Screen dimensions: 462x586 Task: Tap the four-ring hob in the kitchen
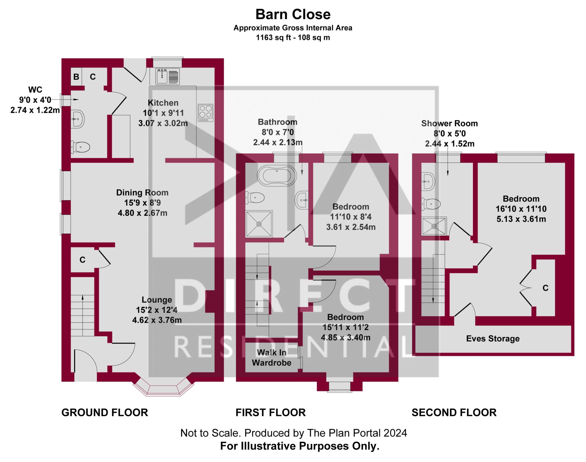point(205,113)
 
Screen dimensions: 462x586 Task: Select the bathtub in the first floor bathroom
point(277,175)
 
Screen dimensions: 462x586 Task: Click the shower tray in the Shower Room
point(434,226)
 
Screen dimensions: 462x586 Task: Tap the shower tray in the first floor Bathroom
point(259,224)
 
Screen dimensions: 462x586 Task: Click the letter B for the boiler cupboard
point(76,77)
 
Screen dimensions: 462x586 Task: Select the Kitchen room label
point(163,103)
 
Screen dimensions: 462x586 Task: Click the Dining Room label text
point(142,193)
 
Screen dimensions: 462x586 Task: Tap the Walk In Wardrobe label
point(271,358)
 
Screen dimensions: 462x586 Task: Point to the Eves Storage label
point(493,339)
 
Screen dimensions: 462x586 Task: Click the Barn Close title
point(293,14)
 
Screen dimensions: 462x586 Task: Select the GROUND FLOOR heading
point(105,413)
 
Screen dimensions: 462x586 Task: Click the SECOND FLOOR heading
point(454,413)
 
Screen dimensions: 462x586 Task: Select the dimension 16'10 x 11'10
point(521,209)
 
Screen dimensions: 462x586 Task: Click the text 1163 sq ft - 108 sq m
point(293,37)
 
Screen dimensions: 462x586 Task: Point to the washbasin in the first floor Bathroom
point(302,200)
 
